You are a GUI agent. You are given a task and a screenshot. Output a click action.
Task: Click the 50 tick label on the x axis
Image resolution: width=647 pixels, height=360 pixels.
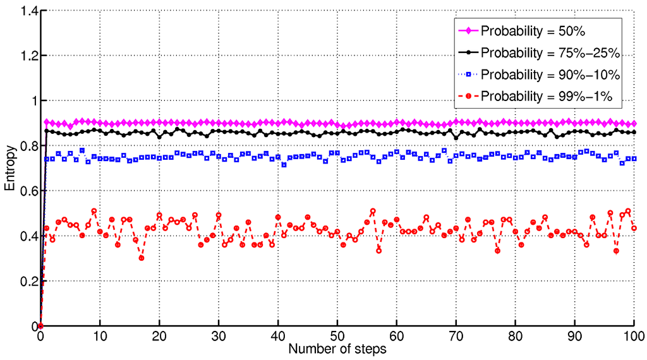pos(337,336)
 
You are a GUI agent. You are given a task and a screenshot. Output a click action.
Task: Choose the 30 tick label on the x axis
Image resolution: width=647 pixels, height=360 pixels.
pos(219,336)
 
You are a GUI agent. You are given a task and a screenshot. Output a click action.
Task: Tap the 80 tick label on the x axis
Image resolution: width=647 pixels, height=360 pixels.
pos(516,336)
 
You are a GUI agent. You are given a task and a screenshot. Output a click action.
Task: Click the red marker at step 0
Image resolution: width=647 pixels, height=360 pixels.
pos(40,326)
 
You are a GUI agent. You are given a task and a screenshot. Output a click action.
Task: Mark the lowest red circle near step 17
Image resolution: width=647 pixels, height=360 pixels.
pos(142,258)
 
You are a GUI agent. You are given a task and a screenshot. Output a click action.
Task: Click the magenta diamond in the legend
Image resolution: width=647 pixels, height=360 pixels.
pos(468,30)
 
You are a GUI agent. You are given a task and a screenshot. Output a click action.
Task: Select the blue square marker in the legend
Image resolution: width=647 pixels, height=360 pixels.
pos(468,74)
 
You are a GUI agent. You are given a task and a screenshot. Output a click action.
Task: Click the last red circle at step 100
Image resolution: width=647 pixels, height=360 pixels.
pos(634,228)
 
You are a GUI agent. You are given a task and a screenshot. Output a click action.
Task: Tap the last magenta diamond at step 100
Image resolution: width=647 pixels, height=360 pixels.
pos(634,124)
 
